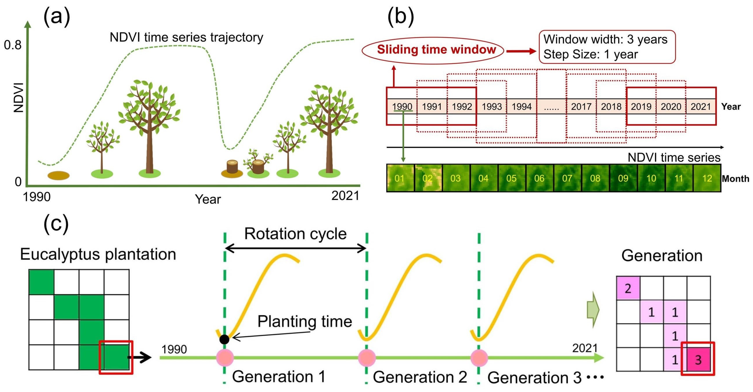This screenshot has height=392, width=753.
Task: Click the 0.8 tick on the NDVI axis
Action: click(x=13, y=45)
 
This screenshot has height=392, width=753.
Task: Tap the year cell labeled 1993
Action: click(x=492, y=106)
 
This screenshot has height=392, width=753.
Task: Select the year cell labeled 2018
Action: click(x=611, y=106)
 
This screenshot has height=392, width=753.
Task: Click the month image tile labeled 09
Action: click(x=623, y=178)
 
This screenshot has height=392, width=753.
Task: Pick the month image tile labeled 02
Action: click(x=427, y=178)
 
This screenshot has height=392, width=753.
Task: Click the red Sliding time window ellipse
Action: click(x=433, y=50)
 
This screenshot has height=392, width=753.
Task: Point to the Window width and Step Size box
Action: click(x=607, y=47)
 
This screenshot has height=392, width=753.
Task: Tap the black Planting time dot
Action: click(x=224, y=339)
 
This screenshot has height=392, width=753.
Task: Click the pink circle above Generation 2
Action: click(x=367, y=357)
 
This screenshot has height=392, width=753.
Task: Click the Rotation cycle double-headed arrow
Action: click(x=295, y=249)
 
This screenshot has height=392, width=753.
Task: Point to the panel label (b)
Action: click(x=401, y=17)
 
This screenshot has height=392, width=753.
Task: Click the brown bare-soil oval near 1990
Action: click(x=59, y=175)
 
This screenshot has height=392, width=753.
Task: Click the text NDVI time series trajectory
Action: click(x=186, y=37)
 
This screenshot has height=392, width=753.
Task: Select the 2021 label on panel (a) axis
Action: click(x=345, y=196)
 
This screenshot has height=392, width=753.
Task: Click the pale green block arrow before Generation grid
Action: click(x=593, y=309)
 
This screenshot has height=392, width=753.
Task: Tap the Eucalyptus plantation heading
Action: click(x=98, y=254)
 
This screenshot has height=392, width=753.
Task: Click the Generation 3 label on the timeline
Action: click(x=534, y=377)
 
